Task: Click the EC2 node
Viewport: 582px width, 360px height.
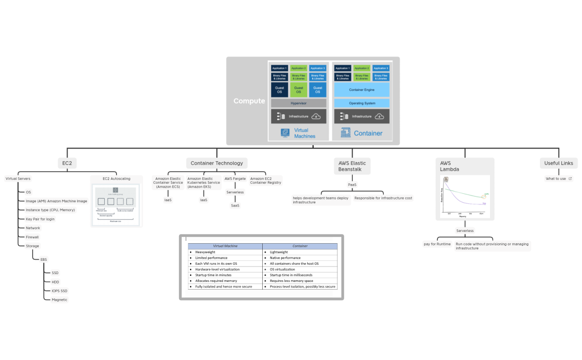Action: [x=67, y=163]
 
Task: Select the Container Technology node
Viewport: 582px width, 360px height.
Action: [x=217, y=163]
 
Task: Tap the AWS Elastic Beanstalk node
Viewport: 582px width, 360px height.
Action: [x=353, y=166]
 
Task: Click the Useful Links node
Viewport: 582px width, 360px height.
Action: [x=559, y=163]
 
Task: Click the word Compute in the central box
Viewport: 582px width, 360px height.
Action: [x=249, y=101]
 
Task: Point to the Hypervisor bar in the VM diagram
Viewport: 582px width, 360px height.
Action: [x=298, y=103]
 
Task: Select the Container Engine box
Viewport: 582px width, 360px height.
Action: [x=361, y=89]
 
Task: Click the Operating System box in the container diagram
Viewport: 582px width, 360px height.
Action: [x=361, y=103]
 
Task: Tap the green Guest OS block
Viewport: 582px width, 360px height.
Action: [x=298, y=89]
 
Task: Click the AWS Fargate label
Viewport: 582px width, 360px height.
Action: [x=235, y=179]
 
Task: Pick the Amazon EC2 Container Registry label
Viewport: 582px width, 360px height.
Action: [x=266, y=181]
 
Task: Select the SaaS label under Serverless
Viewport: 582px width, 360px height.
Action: [x=235, y=205]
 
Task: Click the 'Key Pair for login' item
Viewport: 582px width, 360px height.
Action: [x=40, y=219]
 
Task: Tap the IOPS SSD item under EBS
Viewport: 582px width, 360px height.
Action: [x=59, y=291]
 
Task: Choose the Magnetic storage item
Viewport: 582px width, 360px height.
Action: [x=59, y=300]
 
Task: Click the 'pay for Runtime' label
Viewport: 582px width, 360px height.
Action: [x=437, y=244]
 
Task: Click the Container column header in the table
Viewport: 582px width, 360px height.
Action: [x=300, y=246]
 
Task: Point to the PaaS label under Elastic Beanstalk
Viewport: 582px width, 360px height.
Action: [x=353, y=184]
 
